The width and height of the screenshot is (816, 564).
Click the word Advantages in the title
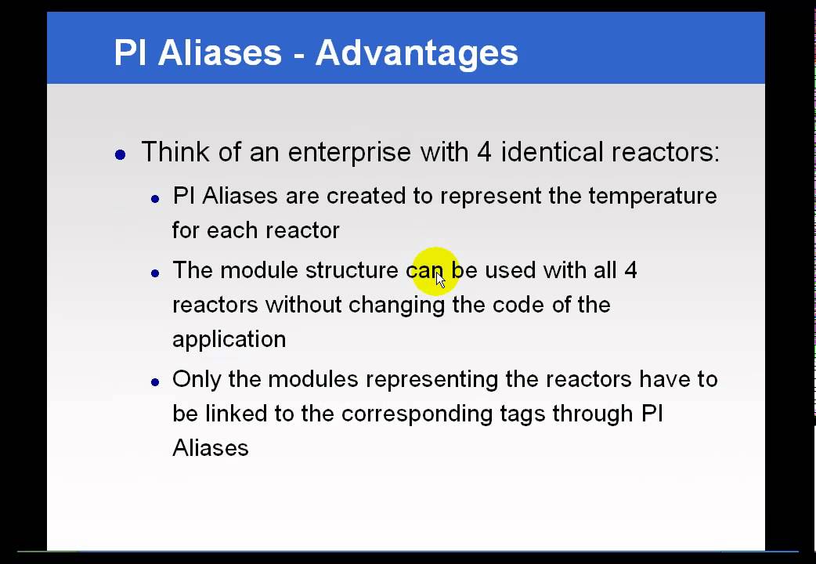417,53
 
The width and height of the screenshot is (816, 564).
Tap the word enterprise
348,151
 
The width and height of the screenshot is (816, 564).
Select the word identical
551,151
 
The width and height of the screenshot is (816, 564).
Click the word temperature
652,195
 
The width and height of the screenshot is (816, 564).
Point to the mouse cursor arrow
440,280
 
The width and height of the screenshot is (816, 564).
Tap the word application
229,339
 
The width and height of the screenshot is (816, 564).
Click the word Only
197,379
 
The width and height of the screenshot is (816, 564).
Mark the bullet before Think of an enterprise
120,155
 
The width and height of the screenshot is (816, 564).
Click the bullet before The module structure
155,273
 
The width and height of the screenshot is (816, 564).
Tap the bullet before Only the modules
155,382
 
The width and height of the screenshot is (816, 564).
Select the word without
304,304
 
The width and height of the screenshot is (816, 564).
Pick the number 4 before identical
484,151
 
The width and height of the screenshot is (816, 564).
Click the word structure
352,270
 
